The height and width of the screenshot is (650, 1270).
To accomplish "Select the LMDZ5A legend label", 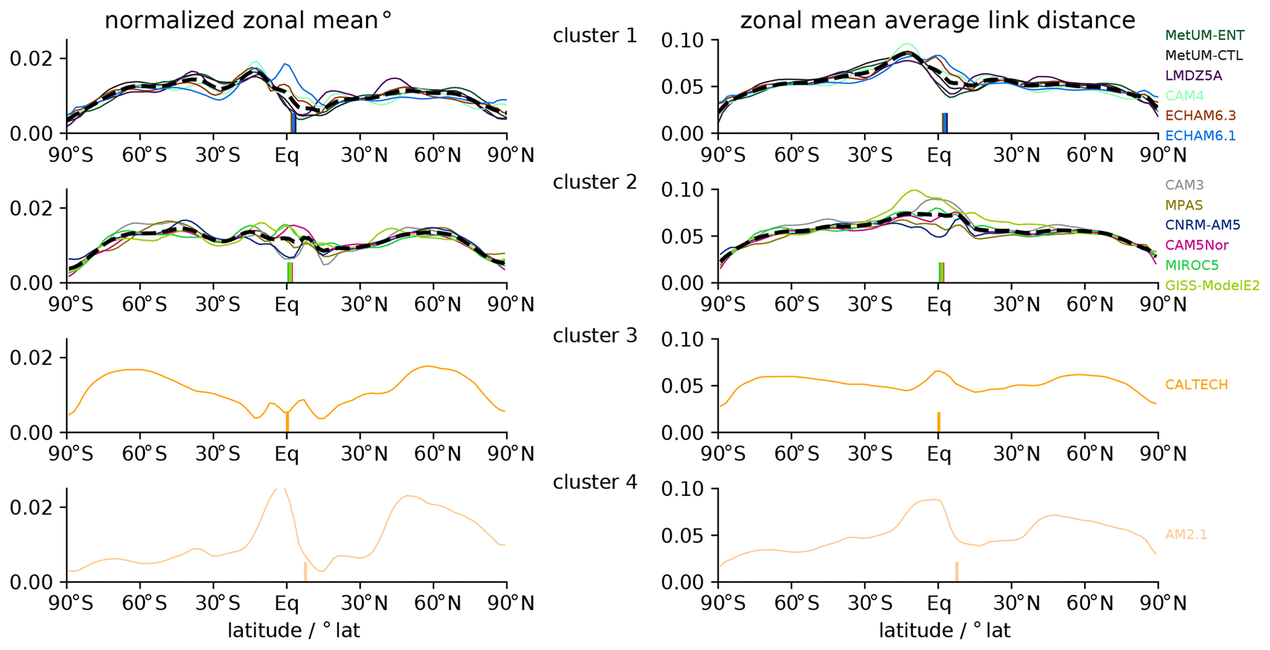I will pyautogui.click(x=1193, y=76).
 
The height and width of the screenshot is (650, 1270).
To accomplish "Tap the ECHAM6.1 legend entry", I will pyautogui.click(x=1200, y=135).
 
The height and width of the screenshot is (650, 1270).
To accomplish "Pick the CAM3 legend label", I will pyautogui.click(x=1184, y=185).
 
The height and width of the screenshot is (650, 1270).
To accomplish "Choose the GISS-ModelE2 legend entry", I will pyautogui.click(x=1212, y=285).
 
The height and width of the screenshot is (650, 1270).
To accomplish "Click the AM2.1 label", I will pyautogui.click(x=1186, y=534).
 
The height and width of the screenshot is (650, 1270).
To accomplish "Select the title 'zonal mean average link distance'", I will pyautogui.click(x=937, y=20).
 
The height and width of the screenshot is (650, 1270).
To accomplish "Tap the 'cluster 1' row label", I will pyautogui.click(x=594, y=36).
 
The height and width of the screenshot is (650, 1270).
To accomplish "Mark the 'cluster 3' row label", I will pyautogui.click(x=594, y=335).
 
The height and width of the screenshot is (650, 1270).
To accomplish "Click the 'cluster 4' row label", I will pyautogui.click(x=594, y=482).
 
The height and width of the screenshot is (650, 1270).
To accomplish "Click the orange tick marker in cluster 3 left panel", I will pyautogui.click(x=287, y=422).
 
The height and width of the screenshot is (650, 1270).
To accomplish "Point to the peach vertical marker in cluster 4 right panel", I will pyautogui.click(x=957, y=571).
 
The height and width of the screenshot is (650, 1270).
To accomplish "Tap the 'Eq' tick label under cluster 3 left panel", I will pyautogui.click(x=286, y=454).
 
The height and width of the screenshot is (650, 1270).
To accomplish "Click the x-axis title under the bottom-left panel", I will pyautogui.click(x=293, y=630).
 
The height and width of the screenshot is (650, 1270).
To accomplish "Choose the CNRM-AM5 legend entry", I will pyautogui.click(x=1202, y=225).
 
